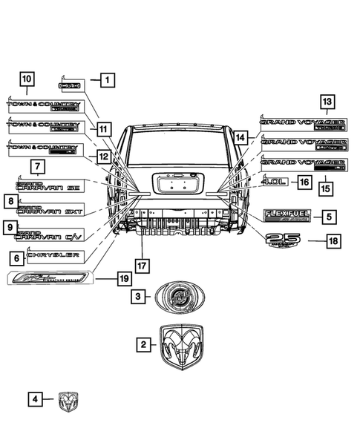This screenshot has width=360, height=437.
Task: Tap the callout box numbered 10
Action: (26, 79)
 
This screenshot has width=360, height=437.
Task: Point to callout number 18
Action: (333, 240)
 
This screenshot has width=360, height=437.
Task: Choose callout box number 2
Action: (144, 344)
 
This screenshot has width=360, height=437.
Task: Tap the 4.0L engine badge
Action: (275, 181)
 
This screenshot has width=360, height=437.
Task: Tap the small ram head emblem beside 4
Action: (68, 401)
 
